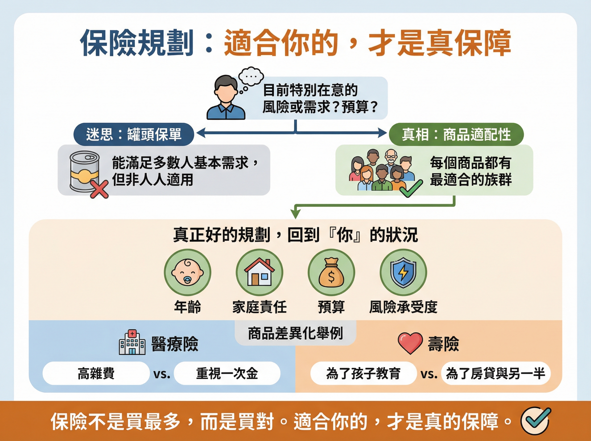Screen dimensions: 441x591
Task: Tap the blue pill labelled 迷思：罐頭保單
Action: [x=133, y=134]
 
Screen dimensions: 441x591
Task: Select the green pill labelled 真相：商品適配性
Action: [x=456, y=134]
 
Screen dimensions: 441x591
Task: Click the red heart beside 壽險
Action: [x=410, y=343]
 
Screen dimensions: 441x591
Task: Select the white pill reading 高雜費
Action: [x=96, y=373]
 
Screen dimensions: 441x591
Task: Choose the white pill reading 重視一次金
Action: [x=227, y=373]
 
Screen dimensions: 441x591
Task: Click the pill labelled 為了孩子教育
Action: [x=363, y=373]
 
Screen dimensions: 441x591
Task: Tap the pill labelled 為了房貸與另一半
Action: [x=495, y=373]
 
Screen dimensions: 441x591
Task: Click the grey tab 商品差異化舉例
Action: [x=295, y=333]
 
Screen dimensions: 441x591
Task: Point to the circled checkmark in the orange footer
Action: [x=535, y=420]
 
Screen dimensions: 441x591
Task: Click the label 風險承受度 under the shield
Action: [x=403, y=307]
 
